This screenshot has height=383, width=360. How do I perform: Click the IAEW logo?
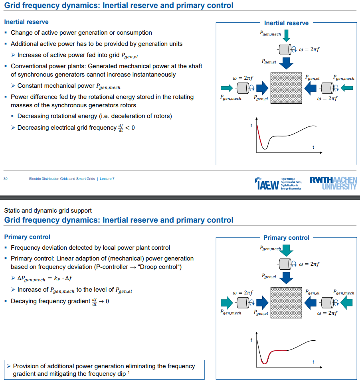(266, 184)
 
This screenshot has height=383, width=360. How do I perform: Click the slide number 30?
(6, 179)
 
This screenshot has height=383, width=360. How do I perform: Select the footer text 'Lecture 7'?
(107, 179)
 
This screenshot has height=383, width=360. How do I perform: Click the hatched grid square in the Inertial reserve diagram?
(286, 88)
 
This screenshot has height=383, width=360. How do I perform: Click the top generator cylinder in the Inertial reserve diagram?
(285, 49)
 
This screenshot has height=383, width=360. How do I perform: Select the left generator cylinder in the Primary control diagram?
(243, 303)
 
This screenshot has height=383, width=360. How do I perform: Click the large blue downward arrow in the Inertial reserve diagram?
(286, 63)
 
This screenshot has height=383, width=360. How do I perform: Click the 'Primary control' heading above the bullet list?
(27, 237)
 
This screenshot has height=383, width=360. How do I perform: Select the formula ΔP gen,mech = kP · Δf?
(45, 278)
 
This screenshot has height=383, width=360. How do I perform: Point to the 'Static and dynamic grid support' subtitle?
(48, 210)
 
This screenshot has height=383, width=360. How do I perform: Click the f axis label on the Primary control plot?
(251, 340)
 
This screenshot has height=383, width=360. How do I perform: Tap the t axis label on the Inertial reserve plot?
(313, 148)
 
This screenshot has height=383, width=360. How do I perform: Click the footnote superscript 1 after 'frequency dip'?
(129, 373)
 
